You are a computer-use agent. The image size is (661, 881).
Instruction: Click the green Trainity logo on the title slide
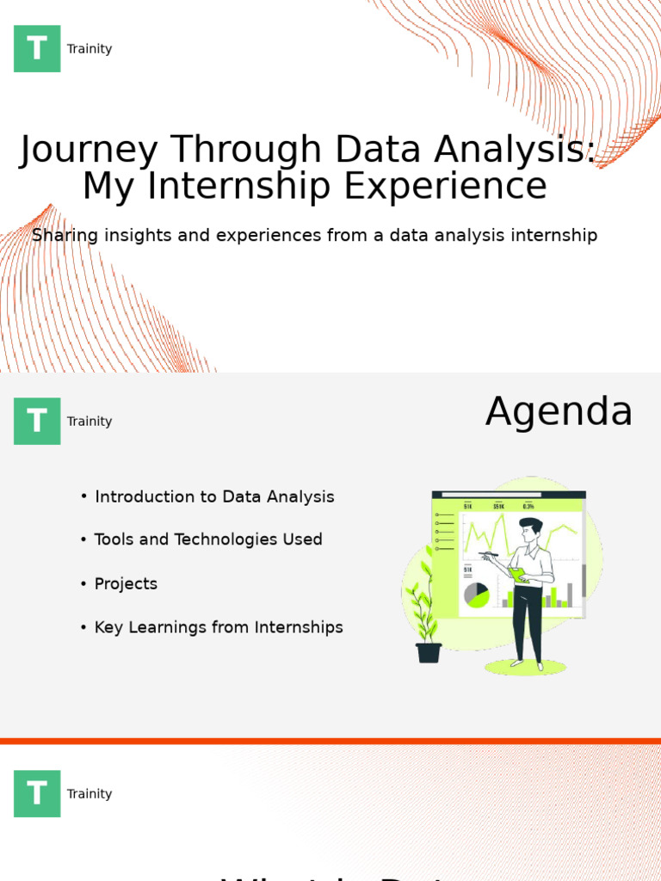37,49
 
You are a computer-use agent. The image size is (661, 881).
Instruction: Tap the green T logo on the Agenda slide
37,422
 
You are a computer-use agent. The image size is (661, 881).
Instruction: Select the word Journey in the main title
89,151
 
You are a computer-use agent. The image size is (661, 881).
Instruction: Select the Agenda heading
559,412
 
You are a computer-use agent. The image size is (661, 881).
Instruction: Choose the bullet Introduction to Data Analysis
214,497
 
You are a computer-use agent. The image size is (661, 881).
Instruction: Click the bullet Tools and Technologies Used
208,540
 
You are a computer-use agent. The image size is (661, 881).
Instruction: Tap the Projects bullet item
126,584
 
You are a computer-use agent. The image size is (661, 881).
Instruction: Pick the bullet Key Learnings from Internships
219,628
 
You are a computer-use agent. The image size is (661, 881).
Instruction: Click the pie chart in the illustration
476,595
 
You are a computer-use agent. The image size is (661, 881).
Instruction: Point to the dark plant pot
429,653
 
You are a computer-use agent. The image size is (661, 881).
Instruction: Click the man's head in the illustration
530,528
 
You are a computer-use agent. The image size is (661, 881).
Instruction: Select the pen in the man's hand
488,555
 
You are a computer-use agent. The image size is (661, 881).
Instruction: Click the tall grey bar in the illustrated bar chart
570,595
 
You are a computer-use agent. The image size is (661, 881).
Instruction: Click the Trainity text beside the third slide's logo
90,794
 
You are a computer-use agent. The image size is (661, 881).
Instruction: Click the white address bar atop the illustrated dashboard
503,495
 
